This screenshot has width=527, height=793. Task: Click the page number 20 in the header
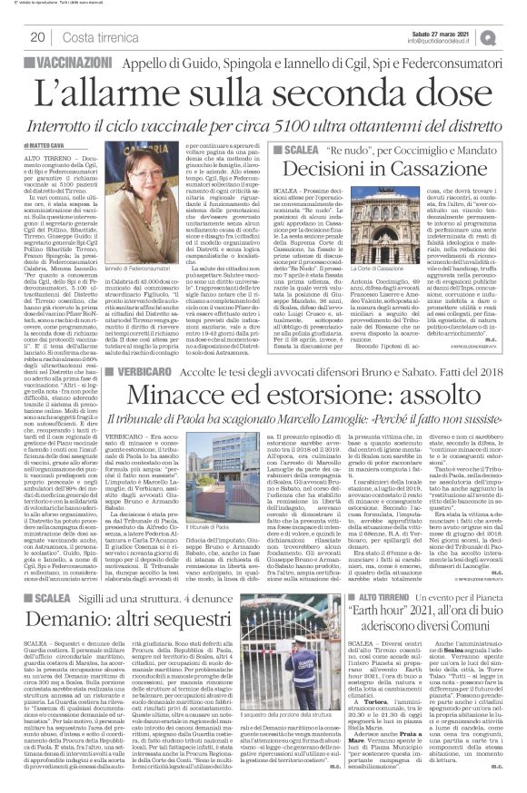tap(38, 36)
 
